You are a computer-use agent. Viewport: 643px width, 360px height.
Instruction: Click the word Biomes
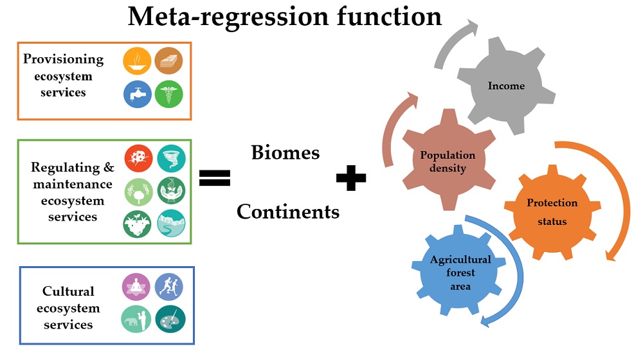(x=285, y=153)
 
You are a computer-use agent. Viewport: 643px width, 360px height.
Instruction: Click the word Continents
(x=288, y=211)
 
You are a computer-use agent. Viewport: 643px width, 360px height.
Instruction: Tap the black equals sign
(x=215, y=177)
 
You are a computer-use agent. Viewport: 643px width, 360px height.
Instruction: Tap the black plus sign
(x=351, y=178)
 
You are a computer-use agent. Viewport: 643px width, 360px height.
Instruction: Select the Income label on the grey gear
(x=506, y=85)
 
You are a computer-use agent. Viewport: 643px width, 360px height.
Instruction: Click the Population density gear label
(x=448, y=161)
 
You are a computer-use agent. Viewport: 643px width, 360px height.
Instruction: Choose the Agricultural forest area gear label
(x=460, y=273)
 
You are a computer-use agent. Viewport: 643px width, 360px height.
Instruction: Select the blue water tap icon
(x=138, y=94)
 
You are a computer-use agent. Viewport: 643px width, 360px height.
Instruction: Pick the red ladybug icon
(x=138, y=158)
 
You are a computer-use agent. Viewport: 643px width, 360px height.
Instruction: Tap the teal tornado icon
(x=171, y=158)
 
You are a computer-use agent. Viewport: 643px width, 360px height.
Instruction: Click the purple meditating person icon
(x=136, y=287)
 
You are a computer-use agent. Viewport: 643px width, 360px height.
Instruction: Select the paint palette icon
(x=170, y=319)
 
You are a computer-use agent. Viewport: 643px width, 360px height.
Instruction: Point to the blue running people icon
(x=169, y=287)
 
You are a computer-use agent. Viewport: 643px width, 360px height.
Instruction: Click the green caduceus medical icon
(x=169, y=94)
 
